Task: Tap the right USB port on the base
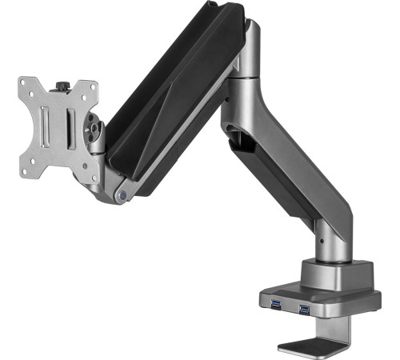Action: [304, 310]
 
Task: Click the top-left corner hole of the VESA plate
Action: [26, 85]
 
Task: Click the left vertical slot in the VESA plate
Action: [46, 125]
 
